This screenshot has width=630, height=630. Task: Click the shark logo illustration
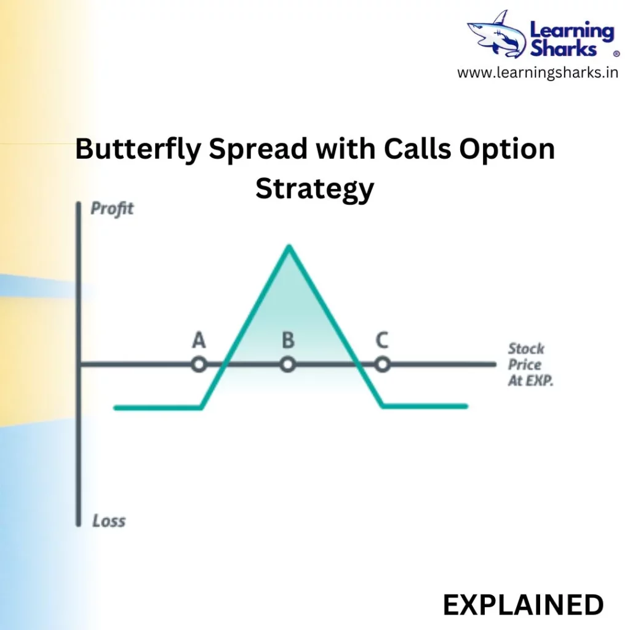497,35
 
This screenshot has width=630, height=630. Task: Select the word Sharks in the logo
564,49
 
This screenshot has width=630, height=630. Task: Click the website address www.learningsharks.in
538,73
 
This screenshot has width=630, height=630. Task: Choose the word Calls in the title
418,149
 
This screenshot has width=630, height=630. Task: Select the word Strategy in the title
315,189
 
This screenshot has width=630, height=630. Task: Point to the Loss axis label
109,520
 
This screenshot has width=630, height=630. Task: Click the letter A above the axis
199,340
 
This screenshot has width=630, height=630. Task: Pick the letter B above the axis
288,340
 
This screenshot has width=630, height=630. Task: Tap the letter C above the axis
382,340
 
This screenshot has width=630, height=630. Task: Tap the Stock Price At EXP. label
530,364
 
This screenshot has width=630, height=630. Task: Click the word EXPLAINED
523,605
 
